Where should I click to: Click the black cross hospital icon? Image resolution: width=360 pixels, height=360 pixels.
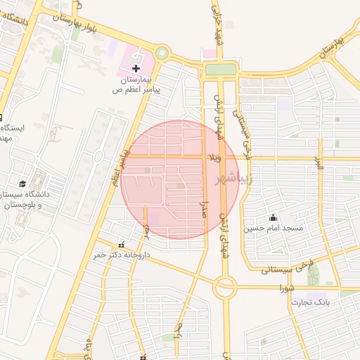click(136, 68)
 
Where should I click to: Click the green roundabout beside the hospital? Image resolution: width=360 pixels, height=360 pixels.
click(162, 53)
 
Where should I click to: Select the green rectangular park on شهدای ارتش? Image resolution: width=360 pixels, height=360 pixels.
click(220, 70)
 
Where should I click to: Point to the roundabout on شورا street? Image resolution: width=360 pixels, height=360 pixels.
click(225, 287)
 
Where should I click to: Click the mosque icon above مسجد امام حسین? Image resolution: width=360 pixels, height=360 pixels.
click(273, 217)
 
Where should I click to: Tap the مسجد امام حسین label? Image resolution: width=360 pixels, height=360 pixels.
click(274, 229)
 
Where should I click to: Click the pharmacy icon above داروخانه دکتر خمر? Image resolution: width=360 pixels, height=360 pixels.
click(121, 245)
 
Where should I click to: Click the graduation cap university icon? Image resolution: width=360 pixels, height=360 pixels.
click(22, 183)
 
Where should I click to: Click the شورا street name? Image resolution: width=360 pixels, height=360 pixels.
click(286, 288)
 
